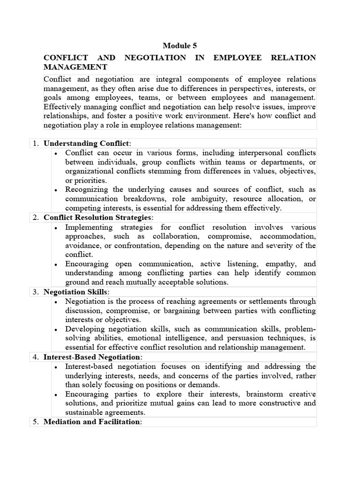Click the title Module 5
[180, 45]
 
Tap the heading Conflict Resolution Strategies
[97, 217]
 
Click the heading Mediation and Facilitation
[91, 422]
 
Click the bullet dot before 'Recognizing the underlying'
[56, 190]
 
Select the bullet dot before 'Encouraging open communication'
[56, 264]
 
